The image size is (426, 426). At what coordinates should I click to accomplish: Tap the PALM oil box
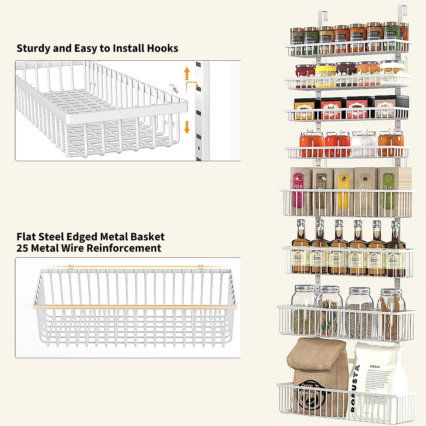(297, 192)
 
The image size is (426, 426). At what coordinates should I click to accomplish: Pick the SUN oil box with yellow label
(343, 192)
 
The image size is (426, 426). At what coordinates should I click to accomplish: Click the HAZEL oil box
(365, 192)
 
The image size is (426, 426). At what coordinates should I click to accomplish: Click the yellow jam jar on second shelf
(325, 75)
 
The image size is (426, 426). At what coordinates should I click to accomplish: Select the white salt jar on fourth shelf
(364, 144)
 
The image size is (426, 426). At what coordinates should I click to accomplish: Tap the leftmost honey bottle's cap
(301, 224)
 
